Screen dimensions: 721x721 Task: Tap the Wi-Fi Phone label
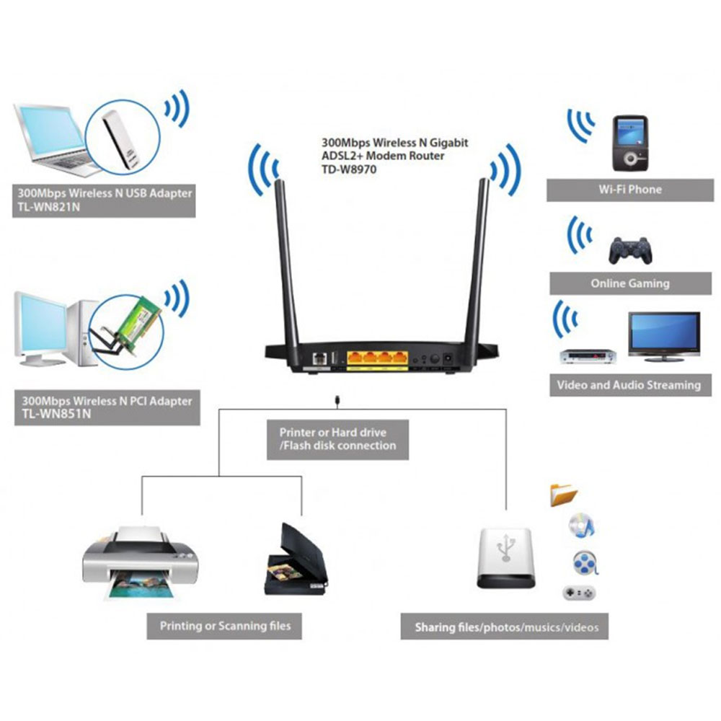629,190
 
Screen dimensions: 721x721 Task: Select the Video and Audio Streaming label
628,385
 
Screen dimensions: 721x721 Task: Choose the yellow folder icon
564,495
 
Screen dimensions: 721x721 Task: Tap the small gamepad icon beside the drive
579,593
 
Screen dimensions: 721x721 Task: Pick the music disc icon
580,526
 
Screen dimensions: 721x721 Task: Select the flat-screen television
663,333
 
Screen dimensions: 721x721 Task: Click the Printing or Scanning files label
225,626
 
